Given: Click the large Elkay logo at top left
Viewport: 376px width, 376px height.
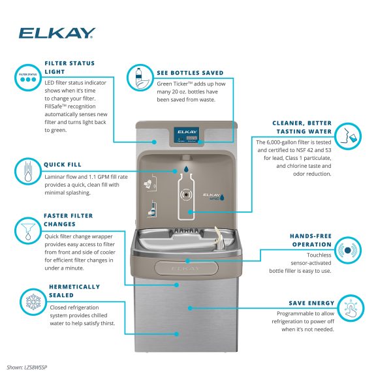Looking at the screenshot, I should [x=57, y=32].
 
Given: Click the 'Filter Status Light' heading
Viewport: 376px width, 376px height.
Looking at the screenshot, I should [x=69, y=67].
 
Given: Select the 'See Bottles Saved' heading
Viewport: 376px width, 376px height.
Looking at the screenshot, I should [x=190, y=72].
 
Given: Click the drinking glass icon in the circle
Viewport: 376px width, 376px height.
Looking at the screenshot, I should [x=352, y=134].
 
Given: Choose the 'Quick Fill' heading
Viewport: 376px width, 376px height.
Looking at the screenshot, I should [x=63, y=164].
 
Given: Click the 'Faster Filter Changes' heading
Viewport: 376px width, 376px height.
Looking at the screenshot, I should [x=69, y=219].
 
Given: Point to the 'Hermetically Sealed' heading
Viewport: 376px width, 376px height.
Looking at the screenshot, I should [x=74, y=290].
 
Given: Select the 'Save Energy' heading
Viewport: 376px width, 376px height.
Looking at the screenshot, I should [x=311, y=303].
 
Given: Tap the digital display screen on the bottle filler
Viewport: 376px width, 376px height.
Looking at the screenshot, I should [x=188, y=138].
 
